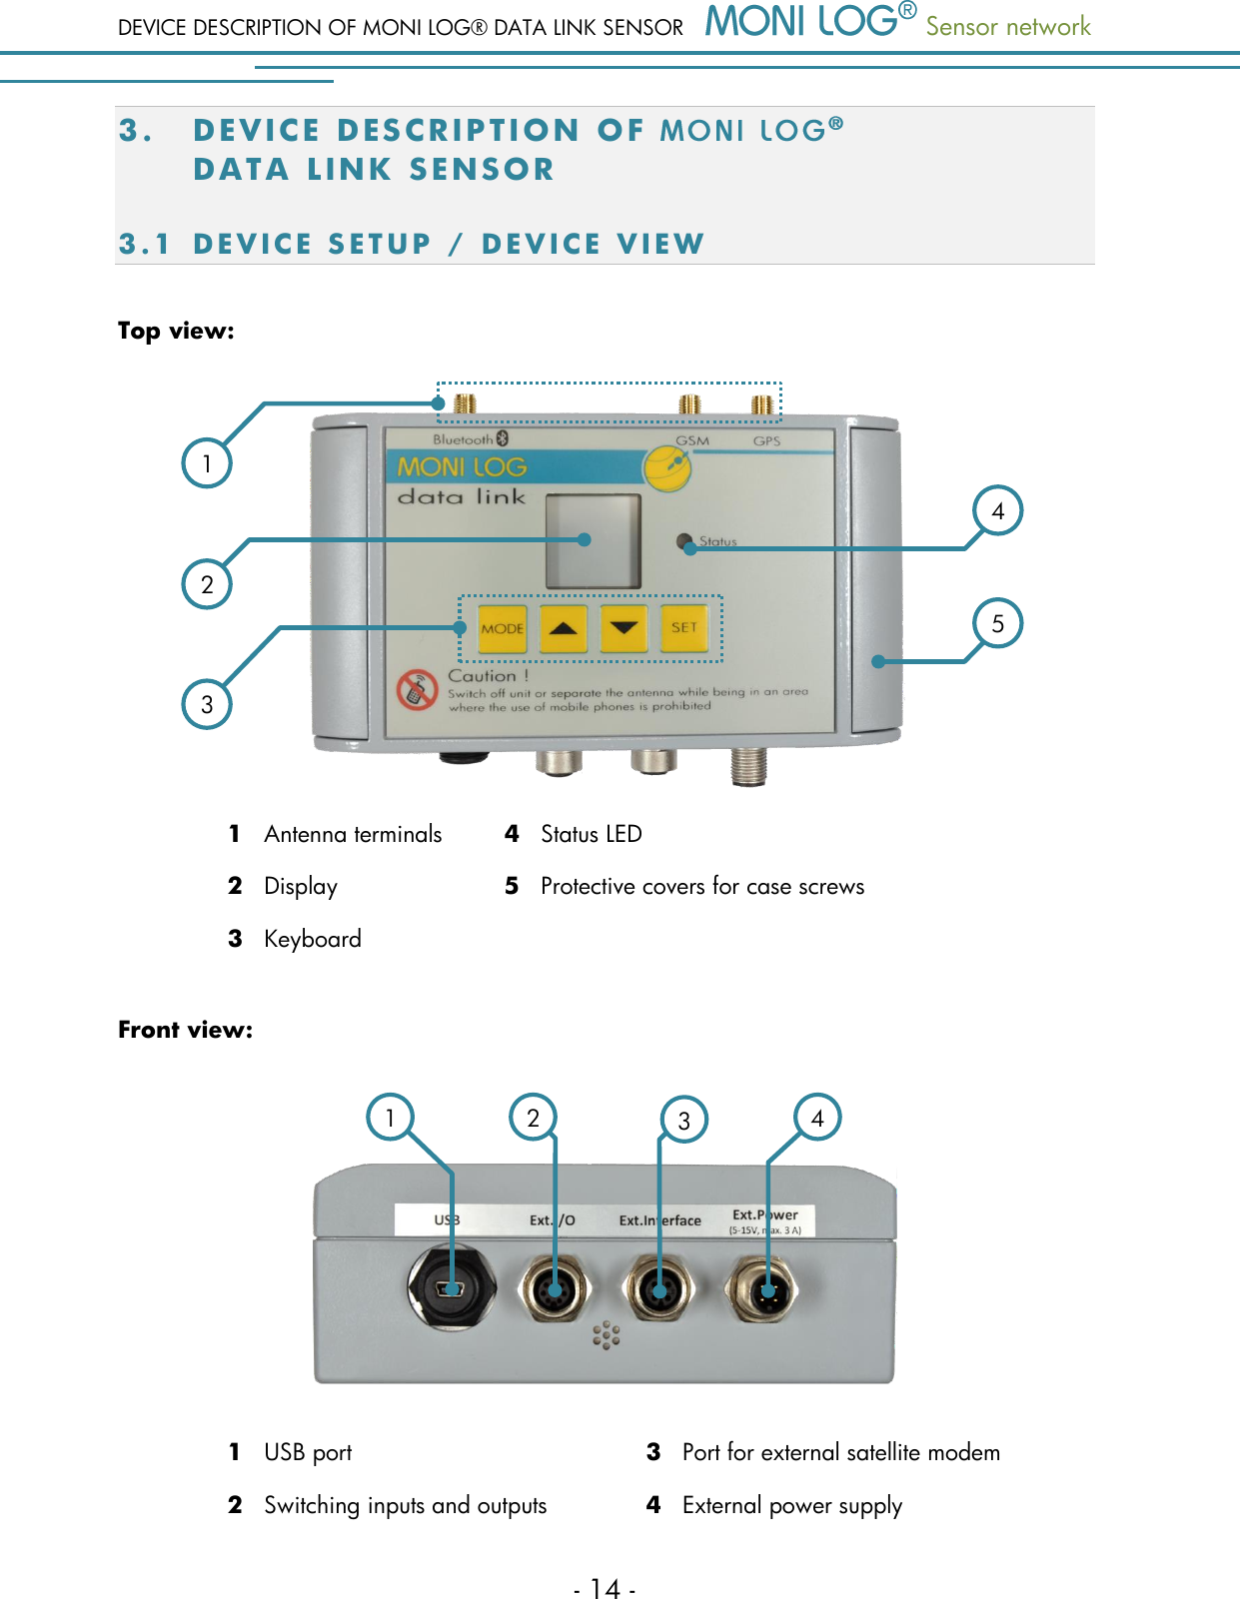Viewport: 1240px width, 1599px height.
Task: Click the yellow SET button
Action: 684,628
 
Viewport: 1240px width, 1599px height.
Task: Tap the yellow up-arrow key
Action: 564,628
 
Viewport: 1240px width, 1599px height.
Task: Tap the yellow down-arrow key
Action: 624,628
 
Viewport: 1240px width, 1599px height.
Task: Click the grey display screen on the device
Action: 593,540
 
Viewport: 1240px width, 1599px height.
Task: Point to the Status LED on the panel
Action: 684,541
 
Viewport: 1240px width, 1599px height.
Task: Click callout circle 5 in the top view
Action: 997,623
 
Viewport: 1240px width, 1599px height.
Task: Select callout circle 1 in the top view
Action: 207,463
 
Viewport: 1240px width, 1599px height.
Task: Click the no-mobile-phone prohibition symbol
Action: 417,690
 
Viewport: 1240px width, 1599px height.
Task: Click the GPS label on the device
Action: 766,440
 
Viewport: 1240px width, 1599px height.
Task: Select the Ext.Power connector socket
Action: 766,1290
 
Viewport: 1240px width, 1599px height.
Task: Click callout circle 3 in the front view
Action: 684,1120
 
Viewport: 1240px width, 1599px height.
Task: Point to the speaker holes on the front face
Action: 607,1335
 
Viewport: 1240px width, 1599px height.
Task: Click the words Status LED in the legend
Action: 591,834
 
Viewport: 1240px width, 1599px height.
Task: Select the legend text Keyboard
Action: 312,939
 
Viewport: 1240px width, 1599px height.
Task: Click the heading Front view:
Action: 185,1030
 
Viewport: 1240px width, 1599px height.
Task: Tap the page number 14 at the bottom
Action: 606,1587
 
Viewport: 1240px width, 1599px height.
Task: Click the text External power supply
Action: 791,1505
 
